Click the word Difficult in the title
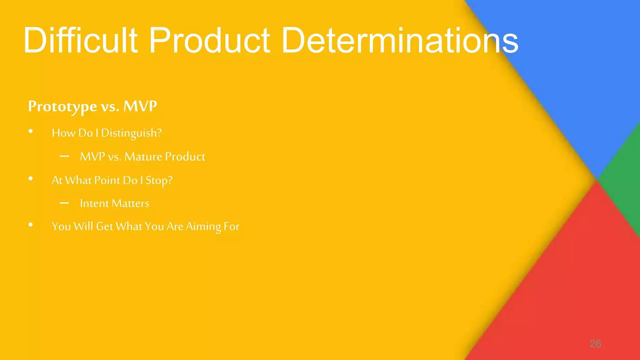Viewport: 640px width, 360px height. point(80,41)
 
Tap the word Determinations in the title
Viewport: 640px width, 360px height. point(400,41)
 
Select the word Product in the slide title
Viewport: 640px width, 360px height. point(209,41)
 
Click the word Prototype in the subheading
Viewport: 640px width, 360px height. point(62,107)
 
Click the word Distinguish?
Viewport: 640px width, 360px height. point(131,133)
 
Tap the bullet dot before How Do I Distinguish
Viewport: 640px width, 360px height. point(31,132)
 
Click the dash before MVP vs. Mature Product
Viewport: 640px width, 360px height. point(64,156)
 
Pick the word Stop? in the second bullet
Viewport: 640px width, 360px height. point(159,181)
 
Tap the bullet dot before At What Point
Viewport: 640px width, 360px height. point(31,179)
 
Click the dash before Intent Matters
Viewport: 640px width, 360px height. point(64,203)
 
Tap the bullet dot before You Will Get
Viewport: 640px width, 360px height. point(31,225)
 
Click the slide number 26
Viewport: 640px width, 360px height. point(595,344)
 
